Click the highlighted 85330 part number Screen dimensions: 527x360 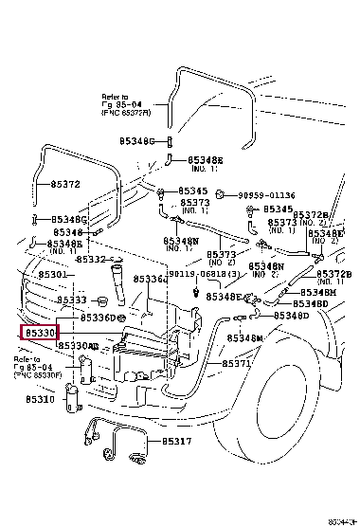[x=41, y=334]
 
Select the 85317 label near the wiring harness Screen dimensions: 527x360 [x=176, y=441]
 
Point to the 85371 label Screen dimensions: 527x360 [x=237, y=364]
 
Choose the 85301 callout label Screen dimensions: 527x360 [x=53, y=274]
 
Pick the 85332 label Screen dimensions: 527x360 [x=92, y=259]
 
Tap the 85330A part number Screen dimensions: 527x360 [x=80, y=346]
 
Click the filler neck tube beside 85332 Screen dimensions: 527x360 [x=123, y=283]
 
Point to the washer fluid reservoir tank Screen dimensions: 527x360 [x=142, y=351]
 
